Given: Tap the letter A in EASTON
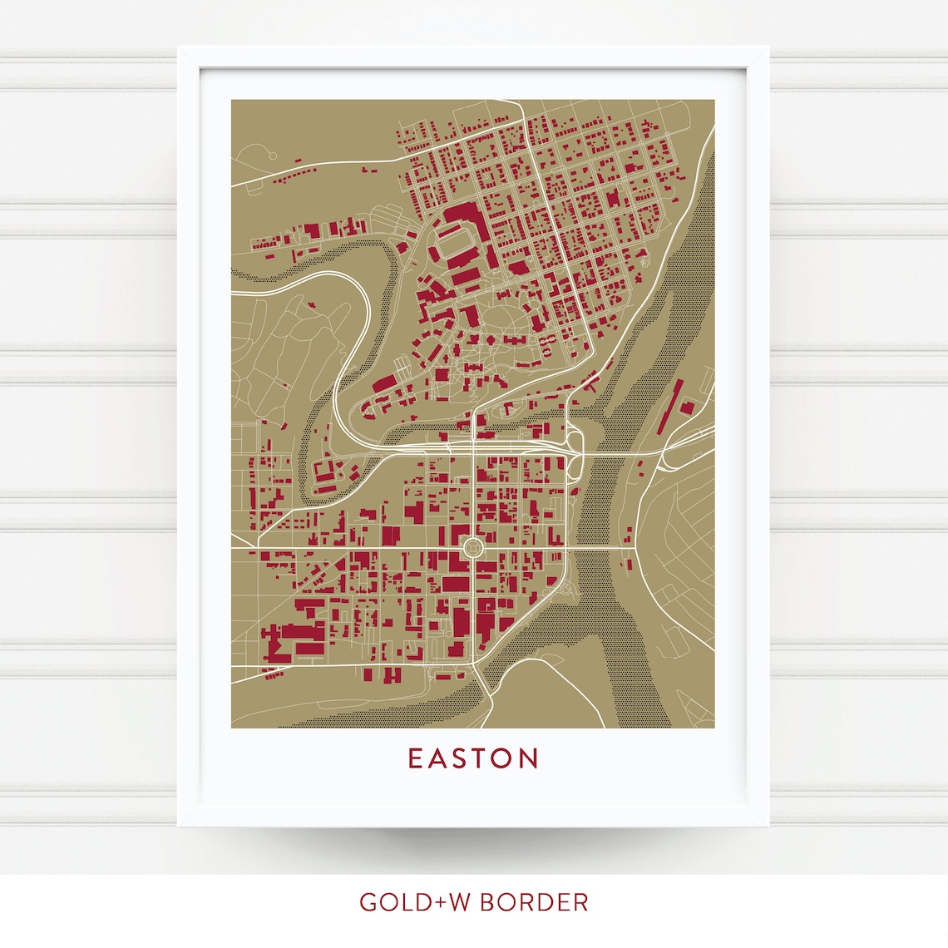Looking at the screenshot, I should (x=438, y=758).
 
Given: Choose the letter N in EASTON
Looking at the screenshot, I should (x=530, y=758).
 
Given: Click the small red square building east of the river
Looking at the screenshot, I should (x=688, y=407).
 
